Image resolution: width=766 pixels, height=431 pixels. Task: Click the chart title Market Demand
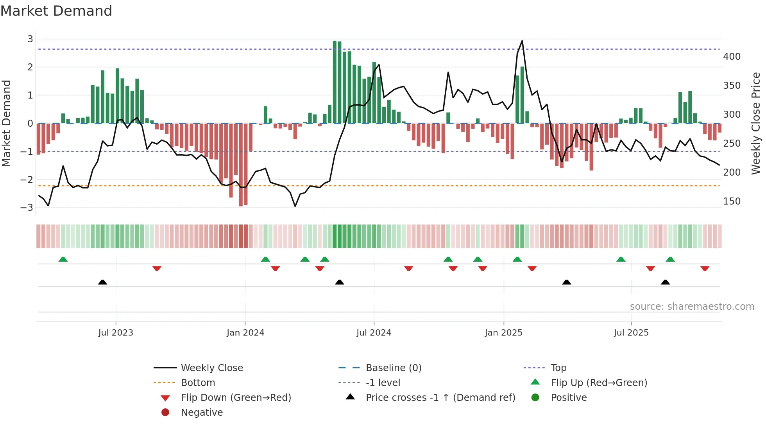coord(56,11)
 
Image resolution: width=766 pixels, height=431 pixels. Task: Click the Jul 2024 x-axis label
coord(374,333)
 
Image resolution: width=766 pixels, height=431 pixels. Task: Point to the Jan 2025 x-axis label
coord(503,333)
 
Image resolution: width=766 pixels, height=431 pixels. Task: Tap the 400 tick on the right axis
coord(732,57)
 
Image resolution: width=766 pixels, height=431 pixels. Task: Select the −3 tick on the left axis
coord(27,208)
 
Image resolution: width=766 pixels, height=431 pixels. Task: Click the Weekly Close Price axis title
coord(756,123)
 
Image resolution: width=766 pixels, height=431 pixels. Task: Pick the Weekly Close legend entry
coord(211,368)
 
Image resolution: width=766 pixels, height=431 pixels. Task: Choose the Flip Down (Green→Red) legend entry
coord(236,398)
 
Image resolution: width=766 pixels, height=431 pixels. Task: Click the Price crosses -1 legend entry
coord(440,398)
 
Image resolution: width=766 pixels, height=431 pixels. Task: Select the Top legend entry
coord(558,368)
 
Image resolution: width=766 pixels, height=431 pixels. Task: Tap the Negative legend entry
coord(202,413)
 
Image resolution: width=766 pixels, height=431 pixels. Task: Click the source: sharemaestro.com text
coord(692,307)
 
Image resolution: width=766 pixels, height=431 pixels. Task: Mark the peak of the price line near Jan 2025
coord(522,41)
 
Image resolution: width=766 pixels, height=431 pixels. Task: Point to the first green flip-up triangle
coord(63,259)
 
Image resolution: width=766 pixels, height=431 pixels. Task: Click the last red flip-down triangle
coord(705,268)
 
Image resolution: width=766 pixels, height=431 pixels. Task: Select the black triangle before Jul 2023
coord(102,282)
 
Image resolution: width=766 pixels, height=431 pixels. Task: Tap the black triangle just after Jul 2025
coord(665,282)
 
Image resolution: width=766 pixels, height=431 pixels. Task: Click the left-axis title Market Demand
coord(6,123)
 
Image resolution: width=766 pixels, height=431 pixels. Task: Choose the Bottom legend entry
coord(198,383)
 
